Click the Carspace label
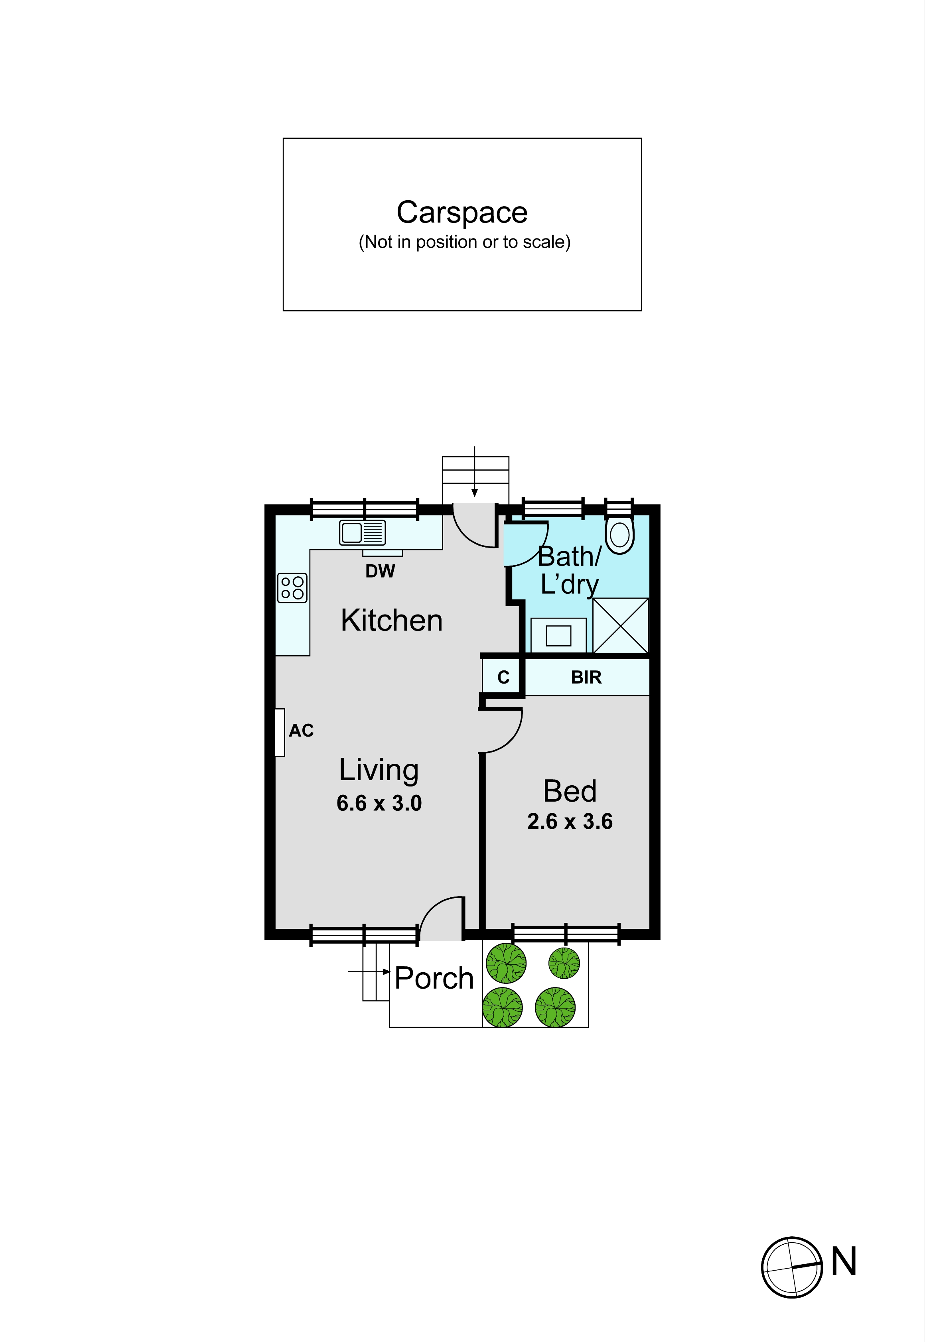point(462,213)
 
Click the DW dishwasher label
point(380,571)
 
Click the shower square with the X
point(620,626)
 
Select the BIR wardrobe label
point(586,677)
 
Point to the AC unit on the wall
point(279,733)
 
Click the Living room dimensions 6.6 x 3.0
point(379,803)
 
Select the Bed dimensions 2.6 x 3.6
point(570,822)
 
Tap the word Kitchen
point(392,621)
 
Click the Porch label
point(434,978)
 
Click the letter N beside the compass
point(844,1261)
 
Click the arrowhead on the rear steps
point(475,493)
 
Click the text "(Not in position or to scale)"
point(465,242)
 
